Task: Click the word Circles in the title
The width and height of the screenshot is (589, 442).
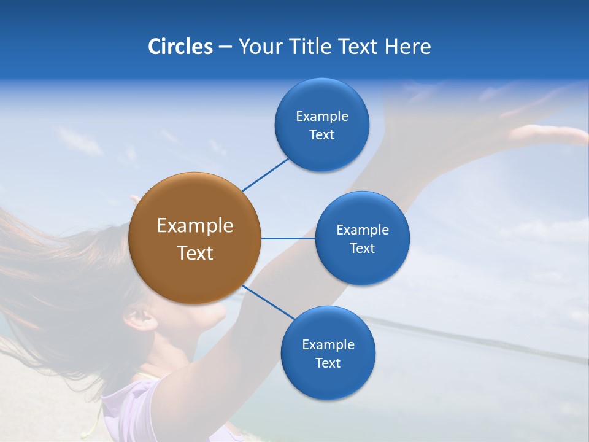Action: [180, 47]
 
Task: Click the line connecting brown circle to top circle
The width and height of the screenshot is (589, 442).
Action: [265, 174]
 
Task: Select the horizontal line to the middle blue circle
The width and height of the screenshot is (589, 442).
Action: [288, 238]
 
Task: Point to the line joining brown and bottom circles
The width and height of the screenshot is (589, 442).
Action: [269, 302]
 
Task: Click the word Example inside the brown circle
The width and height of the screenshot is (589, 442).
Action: [195, 226]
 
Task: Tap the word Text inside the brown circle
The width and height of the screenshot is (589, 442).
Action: [195, 253]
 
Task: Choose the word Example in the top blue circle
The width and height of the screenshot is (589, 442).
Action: [322, 116]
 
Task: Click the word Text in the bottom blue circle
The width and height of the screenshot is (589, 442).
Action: [328, 363]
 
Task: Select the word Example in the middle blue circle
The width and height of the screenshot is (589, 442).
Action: [363, 230]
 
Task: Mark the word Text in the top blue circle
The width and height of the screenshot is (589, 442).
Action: [321, 134]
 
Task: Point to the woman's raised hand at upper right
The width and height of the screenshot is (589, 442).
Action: [546, 133]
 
